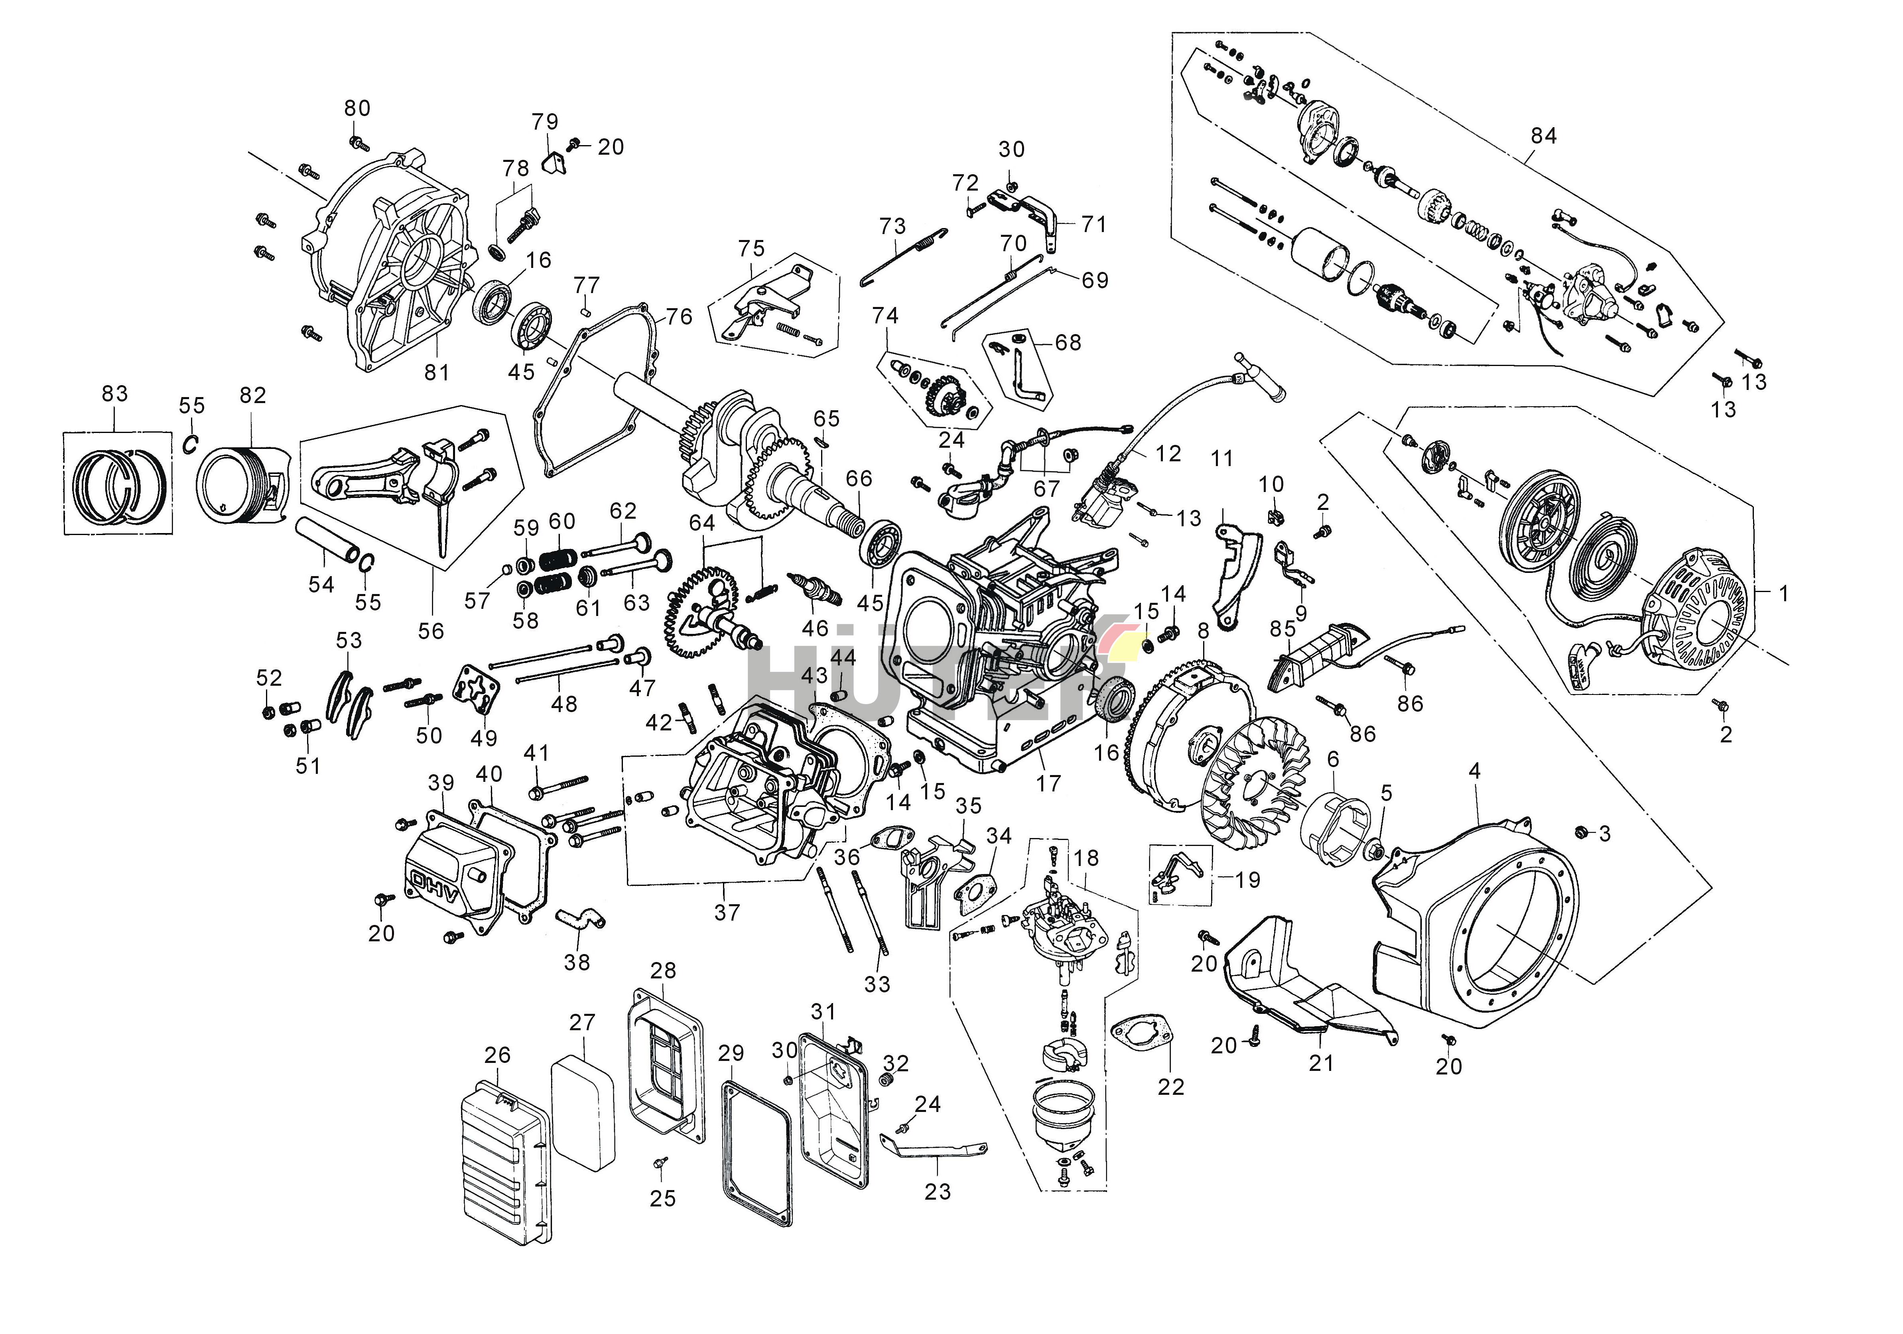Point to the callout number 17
pyautogui.click(x=1048, y=783)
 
